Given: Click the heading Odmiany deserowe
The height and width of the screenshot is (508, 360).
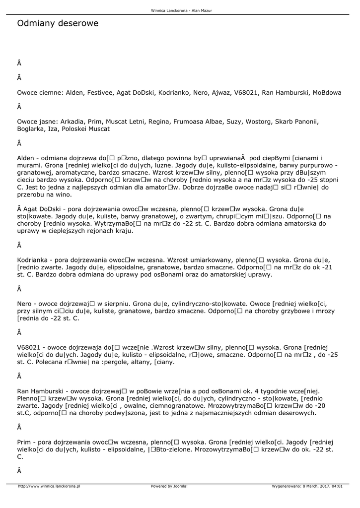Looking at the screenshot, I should (x=58, y=23).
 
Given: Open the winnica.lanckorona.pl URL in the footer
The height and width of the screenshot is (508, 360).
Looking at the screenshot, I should (x=49, y=486).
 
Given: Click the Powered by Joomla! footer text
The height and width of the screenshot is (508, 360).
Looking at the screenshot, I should (x=169, y=486).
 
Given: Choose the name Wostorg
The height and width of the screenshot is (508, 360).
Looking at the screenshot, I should (x=258, y=121).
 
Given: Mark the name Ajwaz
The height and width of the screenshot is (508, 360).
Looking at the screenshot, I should (x=221, y=92).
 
